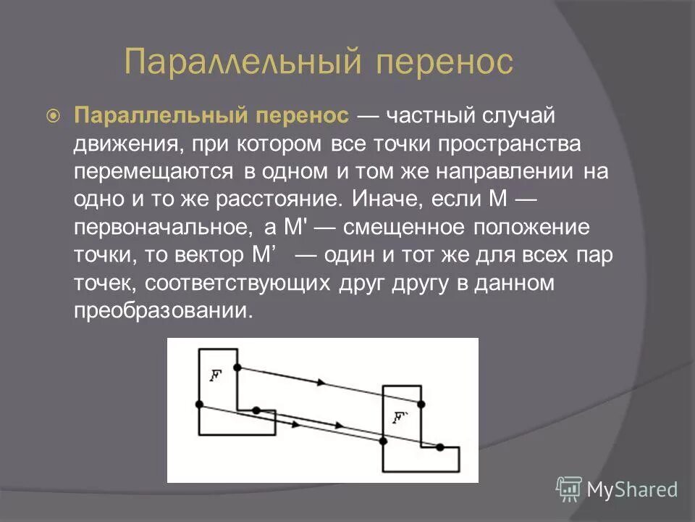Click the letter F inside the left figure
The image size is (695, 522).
point(215,375)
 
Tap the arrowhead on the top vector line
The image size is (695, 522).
point(320,381)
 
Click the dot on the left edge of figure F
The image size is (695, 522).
point(199,404)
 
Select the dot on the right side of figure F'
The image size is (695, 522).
point(421,404)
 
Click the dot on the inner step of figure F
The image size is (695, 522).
point(256,410)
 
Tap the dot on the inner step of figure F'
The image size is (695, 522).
point(439,447)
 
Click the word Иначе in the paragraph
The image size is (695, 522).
point(383,199)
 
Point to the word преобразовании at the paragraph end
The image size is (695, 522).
point(164,310)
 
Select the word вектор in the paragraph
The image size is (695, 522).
point(203,254)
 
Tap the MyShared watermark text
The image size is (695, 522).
point(632,490)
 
